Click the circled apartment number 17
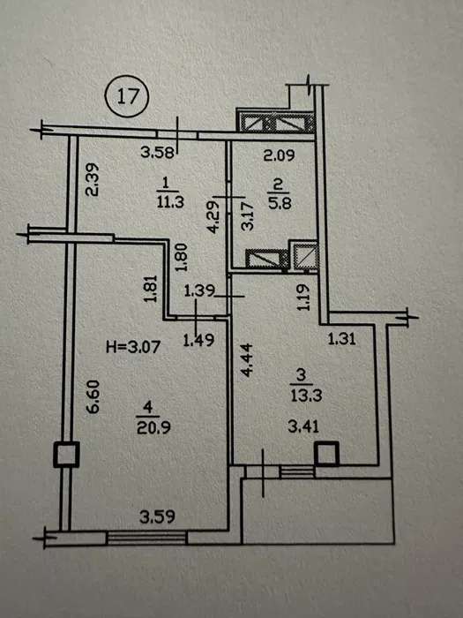point(128,96)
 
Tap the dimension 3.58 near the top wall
point(157,153)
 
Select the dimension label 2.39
point(93,180)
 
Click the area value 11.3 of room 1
point(170,202)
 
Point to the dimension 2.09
point(279,155)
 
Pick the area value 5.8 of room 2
point(280,204)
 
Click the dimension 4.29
point(213,217)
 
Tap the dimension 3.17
point(248,217)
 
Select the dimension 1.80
point(181,257)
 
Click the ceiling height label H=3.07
point(133,347)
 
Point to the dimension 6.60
point(93,396)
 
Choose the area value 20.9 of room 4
point(153,427)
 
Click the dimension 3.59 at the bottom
point(157,517)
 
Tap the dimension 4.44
point(246,360)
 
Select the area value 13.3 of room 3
point(306,396)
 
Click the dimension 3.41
point(303,426)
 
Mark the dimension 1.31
point(342,338)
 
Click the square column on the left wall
point(66,455)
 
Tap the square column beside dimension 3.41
point(326,454)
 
